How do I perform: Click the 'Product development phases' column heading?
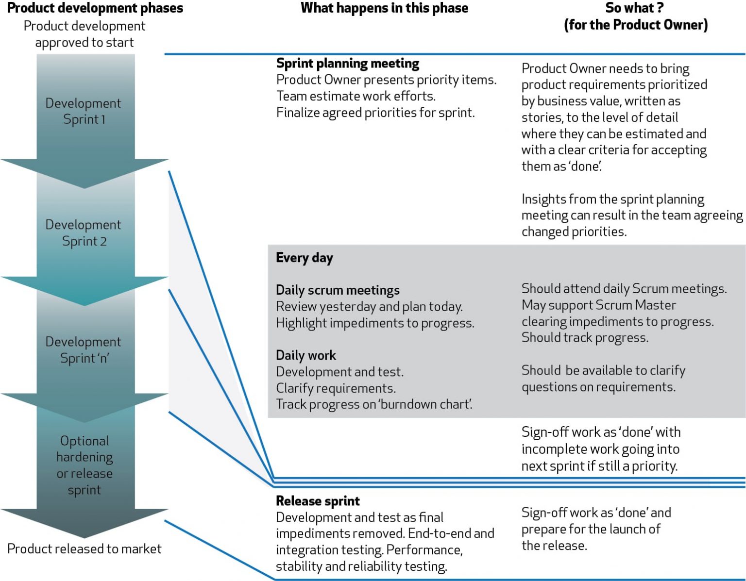(95, 8)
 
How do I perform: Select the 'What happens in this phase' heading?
(384, 8)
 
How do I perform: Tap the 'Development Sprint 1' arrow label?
(84, 111)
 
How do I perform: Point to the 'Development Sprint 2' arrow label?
(84, 233)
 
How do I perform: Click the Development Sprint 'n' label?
(84, 350)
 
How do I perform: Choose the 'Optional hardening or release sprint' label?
(84, 465)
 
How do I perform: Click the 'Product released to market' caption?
(84, 549)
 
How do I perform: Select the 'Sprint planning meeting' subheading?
(347, 64)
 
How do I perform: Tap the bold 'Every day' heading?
(304, 258)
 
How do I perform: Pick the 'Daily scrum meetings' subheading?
(338, 290)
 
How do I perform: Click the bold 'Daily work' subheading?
(305, 355)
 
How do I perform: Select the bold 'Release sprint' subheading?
(318, 501)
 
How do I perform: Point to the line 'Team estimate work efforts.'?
(356, 96)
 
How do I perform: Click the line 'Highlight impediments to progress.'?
(375, 323)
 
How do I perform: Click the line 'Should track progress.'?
(585, 338)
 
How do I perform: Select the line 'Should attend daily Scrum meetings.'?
(624, 289)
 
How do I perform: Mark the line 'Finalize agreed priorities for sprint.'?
(375, 113)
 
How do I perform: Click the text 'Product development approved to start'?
(84, 34)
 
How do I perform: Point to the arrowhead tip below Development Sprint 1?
(85, 187)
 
